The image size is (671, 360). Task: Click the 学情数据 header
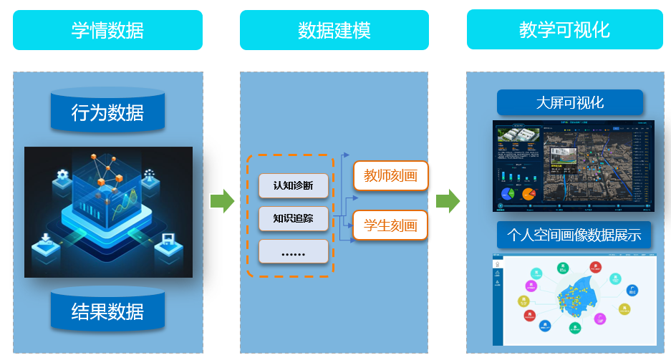tap(107, 30)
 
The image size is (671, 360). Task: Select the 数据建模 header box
tap(334, 30)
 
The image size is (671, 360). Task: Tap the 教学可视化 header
tap(564, 30)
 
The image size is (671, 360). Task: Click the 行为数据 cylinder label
tap(107, 113)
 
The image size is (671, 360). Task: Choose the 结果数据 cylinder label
tap(107, 311)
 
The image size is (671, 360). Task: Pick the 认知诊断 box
tap(293, 186)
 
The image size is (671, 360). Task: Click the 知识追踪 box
tap(293, 218)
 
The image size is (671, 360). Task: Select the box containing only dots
tap(293, 251)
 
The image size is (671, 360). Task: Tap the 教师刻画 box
tap(390, 176)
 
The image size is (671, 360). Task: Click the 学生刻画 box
tap(390, 225)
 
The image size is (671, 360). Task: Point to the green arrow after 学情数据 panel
tap(222, 201)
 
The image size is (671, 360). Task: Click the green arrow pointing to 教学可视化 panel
tap(448, 201)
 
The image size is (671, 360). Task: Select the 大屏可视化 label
tap(570, 102)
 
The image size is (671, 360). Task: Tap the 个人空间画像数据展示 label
tap(574, 235)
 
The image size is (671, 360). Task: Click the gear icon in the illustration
tap(62, 175)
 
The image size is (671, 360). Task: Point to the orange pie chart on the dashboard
tap(528, 193)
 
